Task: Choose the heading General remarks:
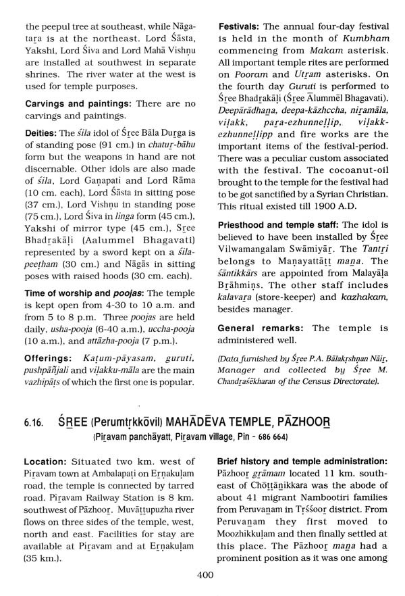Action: click(261, 328)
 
